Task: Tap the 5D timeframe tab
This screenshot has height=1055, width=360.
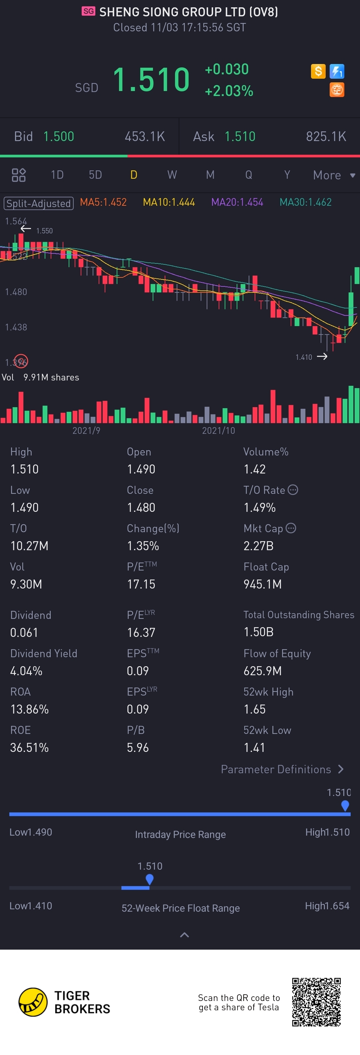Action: click(x=95, y=175)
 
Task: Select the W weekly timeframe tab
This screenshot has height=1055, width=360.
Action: click(x=172, y=175)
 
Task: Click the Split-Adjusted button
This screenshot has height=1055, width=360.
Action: click(x=38, y=203)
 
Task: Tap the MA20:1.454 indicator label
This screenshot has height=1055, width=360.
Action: click(x=237, y=202)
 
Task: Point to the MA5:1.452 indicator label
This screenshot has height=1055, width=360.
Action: click(x=103, y=202)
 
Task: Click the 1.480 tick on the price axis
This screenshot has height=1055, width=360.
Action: click(x=16, y=292)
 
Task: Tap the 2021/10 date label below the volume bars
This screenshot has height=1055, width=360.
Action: click(x=218, y=430)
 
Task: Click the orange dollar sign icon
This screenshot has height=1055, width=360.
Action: click(x=318, y=71)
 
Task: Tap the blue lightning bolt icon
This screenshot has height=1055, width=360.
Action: click(x=337, y=71)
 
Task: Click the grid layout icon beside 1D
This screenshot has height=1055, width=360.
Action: click(x=18, y=175)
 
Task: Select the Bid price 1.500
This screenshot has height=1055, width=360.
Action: click(x=59, y=136)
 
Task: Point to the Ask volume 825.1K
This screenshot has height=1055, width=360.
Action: click(x=326, y=136)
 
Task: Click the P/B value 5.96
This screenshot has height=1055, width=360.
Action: click(x=138, y=748)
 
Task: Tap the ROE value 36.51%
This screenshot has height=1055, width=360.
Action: click(x=29, y=748)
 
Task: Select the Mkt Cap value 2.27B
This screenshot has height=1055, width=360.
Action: click(x=258, y=546)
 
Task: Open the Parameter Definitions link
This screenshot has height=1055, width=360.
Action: click(x=282, y=769)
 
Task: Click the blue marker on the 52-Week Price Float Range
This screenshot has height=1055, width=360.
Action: click(x=149, y=879)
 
